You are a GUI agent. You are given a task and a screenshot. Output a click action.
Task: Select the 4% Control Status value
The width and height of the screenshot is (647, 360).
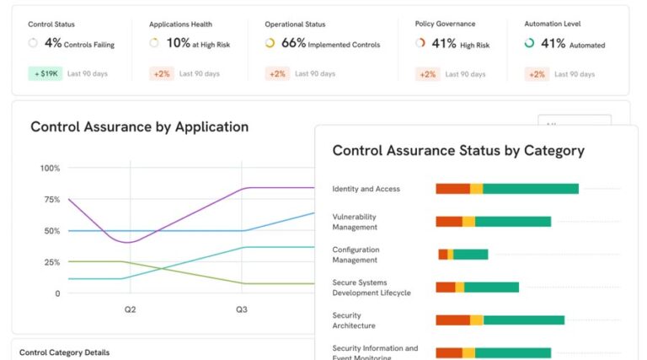point(52,43)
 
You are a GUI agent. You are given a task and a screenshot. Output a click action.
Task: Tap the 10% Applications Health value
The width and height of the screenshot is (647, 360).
point(178,43)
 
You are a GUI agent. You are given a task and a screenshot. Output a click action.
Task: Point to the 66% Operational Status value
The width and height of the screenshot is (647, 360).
point(293,43)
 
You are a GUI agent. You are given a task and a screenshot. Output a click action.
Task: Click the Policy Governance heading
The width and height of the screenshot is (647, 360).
point(446,24)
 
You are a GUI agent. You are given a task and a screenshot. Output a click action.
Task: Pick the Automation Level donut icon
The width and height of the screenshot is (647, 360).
point(529,43)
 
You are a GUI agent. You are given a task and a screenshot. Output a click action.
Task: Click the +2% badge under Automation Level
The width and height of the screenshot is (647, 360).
point(536,73)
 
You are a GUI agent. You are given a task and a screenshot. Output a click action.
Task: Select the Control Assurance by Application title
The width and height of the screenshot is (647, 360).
point(139,127)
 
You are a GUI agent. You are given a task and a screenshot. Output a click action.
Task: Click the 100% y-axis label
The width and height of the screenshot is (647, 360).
point(50,169)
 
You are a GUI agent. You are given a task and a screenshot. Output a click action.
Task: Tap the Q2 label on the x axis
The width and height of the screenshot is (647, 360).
point(131,310)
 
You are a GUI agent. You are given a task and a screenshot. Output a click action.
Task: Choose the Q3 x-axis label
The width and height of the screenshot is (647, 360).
point(242,310)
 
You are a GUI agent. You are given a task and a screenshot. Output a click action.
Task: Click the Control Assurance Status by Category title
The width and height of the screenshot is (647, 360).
point(458,151)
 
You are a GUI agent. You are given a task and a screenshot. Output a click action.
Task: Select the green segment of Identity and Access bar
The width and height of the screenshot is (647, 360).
point(531,189)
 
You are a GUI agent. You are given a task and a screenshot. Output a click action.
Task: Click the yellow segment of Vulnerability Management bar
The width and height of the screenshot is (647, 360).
point(468,222)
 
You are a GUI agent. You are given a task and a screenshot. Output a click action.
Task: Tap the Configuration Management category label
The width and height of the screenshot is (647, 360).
point(356,255)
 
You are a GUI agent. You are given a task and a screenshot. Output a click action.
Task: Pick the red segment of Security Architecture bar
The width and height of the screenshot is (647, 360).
point(452,320)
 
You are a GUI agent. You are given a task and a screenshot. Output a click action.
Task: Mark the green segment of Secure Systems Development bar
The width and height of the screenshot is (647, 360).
point(491,287)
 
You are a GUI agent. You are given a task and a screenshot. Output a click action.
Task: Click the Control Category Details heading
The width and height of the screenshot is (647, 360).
point(64,352)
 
